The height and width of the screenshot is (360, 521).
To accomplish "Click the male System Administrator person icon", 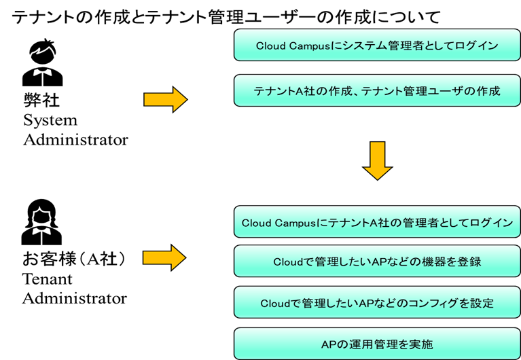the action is click(43, 62).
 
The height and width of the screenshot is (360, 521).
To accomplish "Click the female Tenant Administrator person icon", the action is click(41, 222).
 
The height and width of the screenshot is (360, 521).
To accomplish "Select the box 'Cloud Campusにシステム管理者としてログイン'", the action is click(377, 45).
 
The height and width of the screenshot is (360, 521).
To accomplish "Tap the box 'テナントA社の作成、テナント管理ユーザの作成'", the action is click(377, 90).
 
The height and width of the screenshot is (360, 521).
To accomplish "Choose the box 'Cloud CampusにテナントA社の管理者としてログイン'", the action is click(377, 221).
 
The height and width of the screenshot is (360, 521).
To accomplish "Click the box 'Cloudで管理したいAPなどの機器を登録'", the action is click(377, 262).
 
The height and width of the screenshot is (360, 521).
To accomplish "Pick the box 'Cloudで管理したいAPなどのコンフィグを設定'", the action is click(377, 302).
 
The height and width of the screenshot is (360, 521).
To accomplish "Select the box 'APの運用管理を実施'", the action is click(377, 344).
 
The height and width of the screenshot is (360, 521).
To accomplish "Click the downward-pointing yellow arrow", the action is click(377, 161).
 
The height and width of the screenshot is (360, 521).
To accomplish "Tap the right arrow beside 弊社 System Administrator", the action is click(166, 99).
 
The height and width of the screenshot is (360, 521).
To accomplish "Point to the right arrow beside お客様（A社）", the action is click(164, 257).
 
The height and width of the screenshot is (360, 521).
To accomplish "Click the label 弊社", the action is click(41, 100).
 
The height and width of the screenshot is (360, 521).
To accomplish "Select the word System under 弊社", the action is click(50, 120).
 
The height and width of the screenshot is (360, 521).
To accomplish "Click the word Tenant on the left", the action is click(47, 279).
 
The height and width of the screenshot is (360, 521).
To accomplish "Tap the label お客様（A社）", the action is click(74, 259).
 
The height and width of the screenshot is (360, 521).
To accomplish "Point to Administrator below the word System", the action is click(75, 140).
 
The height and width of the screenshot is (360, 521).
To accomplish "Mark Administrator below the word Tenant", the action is click(75, 298).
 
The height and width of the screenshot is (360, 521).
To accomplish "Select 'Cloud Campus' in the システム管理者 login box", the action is click(293, 46).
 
